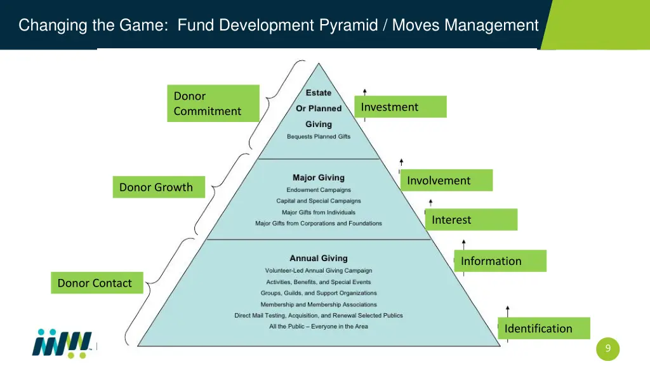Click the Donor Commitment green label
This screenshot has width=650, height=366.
213,103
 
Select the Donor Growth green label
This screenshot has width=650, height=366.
159,187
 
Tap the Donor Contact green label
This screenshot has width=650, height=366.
97,283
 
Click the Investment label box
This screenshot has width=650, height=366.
400,107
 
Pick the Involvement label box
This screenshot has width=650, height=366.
446,180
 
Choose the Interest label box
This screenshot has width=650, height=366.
472,220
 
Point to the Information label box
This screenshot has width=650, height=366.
500,261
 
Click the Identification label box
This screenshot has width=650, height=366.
543,329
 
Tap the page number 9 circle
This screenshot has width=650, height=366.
607,348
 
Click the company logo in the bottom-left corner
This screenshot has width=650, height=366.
62,344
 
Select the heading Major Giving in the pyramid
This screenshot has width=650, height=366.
319,178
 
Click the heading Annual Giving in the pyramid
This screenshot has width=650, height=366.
319,258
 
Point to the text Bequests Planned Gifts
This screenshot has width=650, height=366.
319,137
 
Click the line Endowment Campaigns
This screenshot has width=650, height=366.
319,190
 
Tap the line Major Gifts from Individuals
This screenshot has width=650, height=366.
319,212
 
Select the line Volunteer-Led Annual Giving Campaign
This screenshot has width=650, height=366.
319,271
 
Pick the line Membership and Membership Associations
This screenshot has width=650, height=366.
319,304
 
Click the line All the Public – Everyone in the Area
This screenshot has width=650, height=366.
319,327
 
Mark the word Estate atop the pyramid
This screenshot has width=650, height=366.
319,93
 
